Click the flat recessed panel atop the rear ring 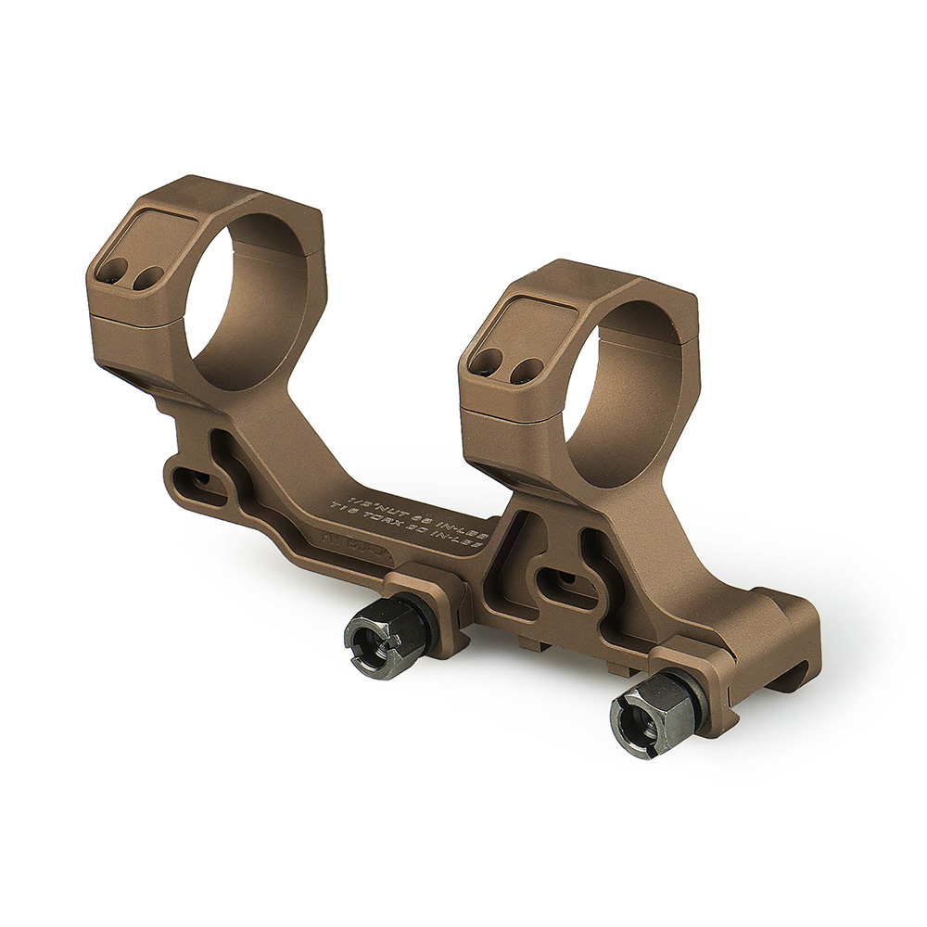(158, 232)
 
